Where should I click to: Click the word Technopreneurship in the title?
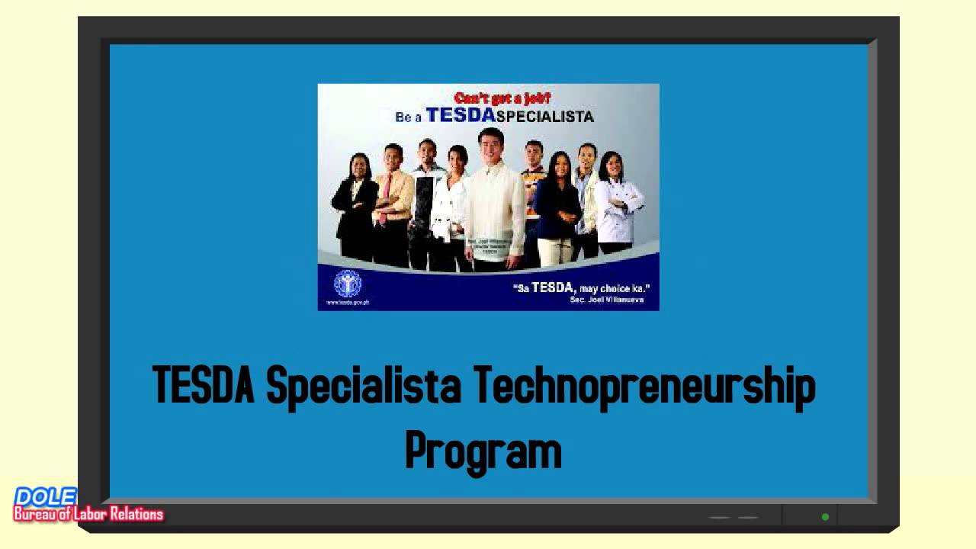[644, 386]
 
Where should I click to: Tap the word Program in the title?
[483, 451]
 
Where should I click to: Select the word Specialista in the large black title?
[364, 386]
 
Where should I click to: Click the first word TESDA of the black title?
[203, 384]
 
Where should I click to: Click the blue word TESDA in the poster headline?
[461, 115]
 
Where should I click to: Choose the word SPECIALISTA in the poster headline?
[544, 117]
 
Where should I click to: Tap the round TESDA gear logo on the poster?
[348, 284]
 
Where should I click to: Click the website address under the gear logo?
[348, 303]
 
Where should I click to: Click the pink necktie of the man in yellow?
[386, 194]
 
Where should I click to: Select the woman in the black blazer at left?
[355, 206]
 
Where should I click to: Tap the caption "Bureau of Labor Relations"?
[88, 515]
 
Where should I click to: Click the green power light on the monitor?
[825, 517]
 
